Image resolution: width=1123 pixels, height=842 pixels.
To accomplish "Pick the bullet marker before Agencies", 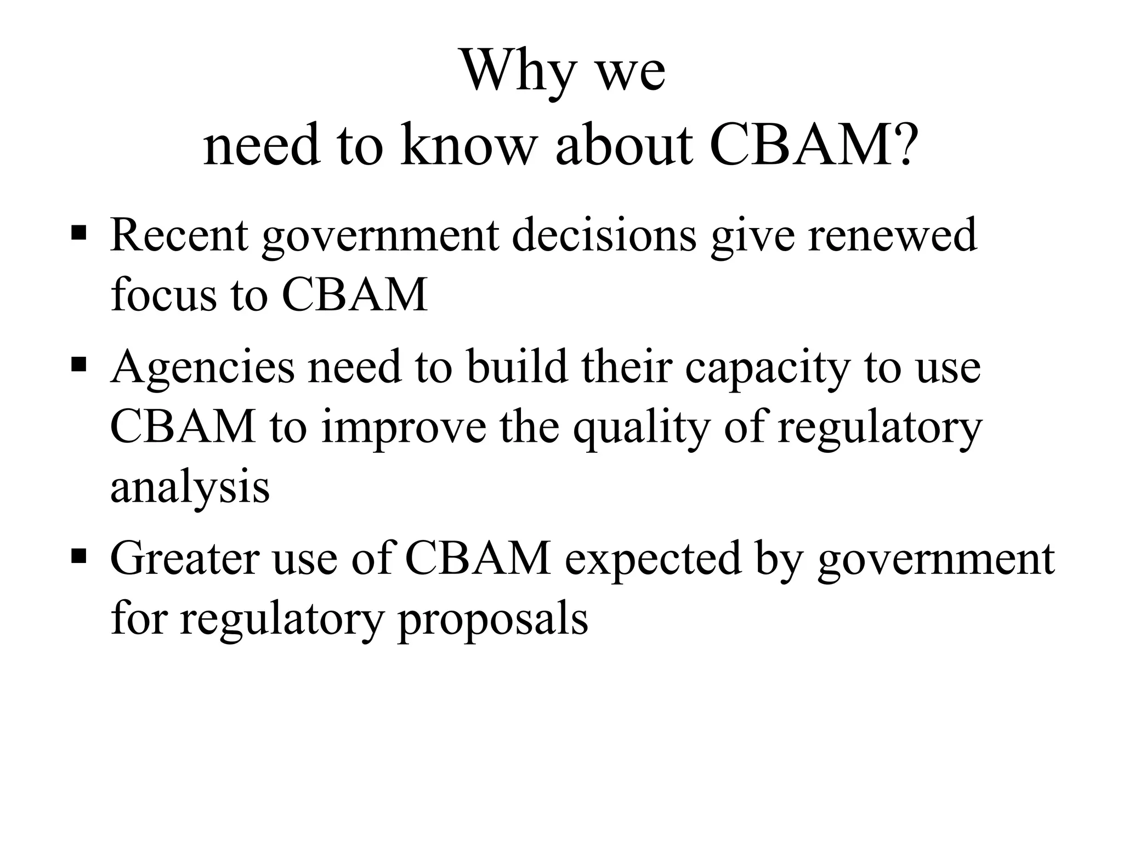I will coord(79,363).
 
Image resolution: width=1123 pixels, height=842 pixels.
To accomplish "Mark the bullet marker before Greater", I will coord(79,557).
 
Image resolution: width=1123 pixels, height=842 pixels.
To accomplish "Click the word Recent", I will coord(179,236).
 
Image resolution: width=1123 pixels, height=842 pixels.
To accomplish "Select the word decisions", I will coord(604,236).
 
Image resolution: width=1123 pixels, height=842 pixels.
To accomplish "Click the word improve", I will coord(404,428).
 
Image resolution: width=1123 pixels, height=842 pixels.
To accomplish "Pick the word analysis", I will coord(190,487).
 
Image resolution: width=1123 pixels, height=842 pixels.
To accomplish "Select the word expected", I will coord(653,559).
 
